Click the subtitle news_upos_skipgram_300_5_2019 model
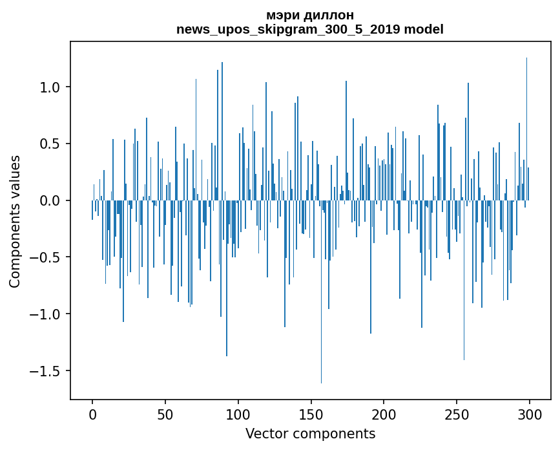pyautogui.click(x=310, y=29)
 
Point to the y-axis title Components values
pyautogui.click(x=15, y=221)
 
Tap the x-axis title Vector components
pyautogui.click(x=310, y=433)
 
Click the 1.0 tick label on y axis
pyautogui.click(x=50, y=87)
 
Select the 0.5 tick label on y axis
pyautogui.click(x=50, y=144)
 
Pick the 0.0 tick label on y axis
pyautogui.click(x=50, y=200)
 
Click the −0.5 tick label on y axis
pyautogui.click(x=47, y=257)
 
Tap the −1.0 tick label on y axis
pyautogui.click(x=47, y=314)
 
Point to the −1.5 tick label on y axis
pyautogui.click(x=47, y=371)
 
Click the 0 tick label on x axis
pyautogui.click(x=92, y=414)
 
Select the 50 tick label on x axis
pyautogui.click(x=165, y=414)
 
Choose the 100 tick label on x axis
pyautogui.click(x=238, y=414)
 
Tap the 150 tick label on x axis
pyautogui.click(x=311, y=414)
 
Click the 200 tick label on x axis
pyautogui.click(x=384, y=414)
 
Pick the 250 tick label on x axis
pyautogui.click(x=457, y=414)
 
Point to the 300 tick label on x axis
pyautogui.click(x=530, y=414)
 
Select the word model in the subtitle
pyautogui.click(x=424, y=29)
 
